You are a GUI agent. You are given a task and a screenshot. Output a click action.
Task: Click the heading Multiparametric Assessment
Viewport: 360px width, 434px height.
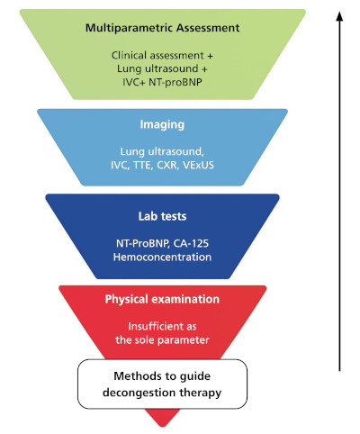[162, 28]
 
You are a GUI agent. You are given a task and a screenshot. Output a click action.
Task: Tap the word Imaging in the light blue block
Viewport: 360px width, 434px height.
[162, 124]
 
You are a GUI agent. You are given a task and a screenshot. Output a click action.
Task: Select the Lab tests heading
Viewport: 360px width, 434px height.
[162, 216]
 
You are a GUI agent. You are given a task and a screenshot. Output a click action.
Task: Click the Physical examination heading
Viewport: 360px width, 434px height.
[162, 299]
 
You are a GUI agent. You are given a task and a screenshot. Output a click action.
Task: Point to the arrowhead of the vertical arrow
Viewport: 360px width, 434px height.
[339, 16]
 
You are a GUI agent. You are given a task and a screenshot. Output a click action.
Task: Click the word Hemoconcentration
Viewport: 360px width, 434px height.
[162, 258]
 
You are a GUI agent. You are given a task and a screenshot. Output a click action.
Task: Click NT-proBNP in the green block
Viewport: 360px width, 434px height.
[175, 82]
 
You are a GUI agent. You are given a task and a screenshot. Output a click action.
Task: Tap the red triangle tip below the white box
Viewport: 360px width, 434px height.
[162, 426]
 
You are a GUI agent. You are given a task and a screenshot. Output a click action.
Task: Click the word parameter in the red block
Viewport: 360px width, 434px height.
[184, 340]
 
